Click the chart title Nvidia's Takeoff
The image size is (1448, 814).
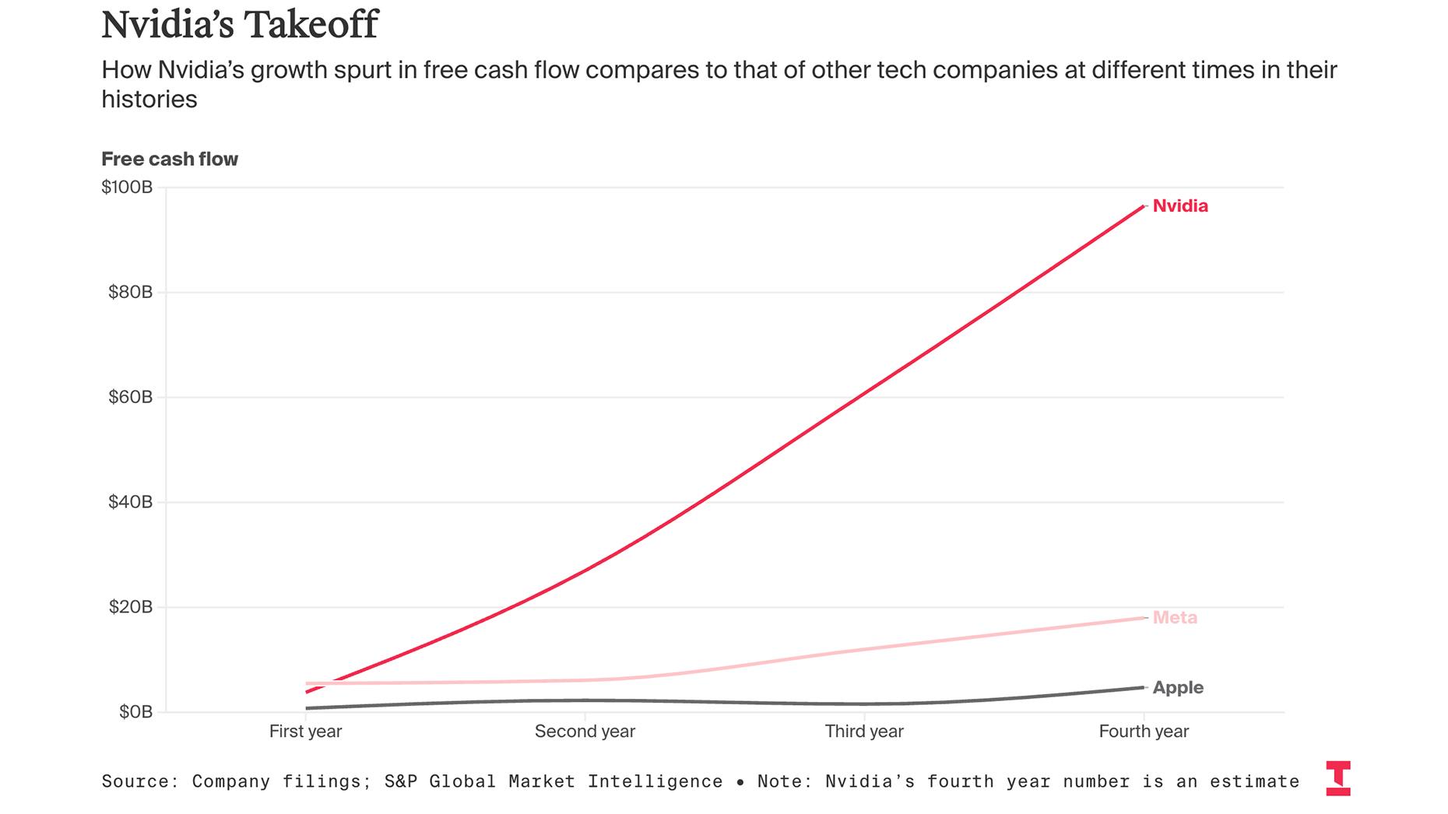coord(240,24)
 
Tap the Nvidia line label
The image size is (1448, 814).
coord(1180,206)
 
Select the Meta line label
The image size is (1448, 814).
coord(1175,618)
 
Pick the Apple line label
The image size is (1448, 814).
coord(1178,688)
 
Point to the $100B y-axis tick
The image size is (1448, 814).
coord(127,188)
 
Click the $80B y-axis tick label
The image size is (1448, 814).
coord(130,293)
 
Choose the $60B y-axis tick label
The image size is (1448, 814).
coord(130,398)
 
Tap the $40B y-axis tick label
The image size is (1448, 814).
coord(130,502)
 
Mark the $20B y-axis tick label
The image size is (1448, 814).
coord(130,607)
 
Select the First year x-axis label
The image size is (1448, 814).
coord(305,732)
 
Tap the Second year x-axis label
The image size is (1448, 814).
coord(585,732)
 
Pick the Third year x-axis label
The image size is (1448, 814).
coord(864,732)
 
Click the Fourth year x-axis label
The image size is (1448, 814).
coord(1144,732)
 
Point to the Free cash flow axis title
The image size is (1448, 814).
coord(170,160)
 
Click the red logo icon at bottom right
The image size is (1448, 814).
coord(1338,778)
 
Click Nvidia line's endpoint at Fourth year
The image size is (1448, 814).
coord(1144,206)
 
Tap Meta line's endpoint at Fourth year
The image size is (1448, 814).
coord(1144,618)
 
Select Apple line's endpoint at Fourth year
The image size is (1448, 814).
coord(1144,687)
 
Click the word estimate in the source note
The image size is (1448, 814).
coord(1254,781)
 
